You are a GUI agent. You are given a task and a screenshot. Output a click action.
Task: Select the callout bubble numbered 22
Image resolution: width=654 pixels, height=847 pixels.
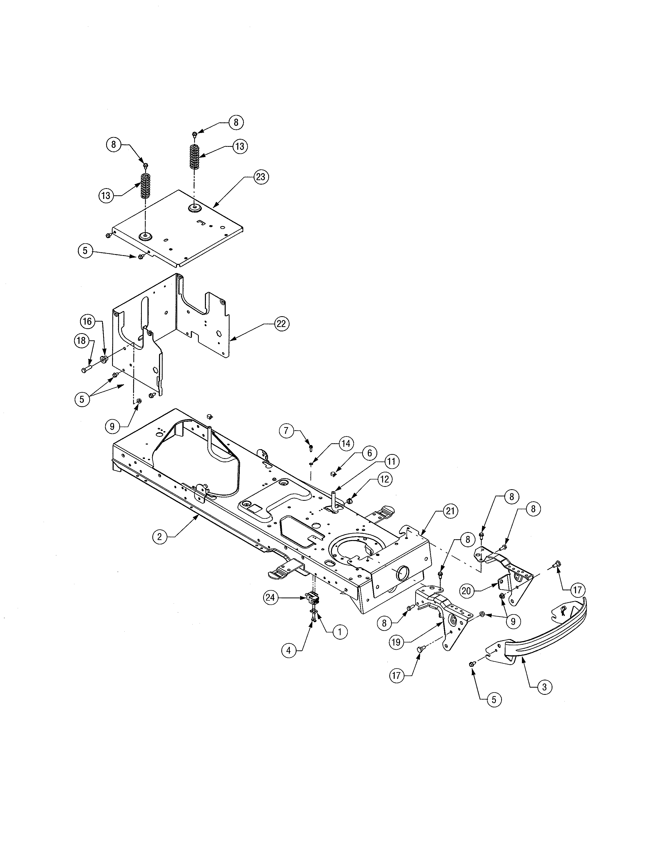point(281,323)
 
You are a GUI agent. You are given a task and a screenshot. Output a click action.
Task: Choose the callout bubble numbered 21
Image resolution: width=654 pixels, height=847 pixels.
point(449,511)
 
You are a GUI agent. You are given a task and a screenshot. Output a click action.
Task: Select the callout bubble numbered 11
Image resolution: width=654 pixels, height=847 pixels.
point(392,461)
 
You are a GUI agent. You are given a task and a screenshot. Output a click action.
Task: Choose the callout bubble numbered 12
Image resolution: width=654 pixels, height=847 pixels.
point(384,479)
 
